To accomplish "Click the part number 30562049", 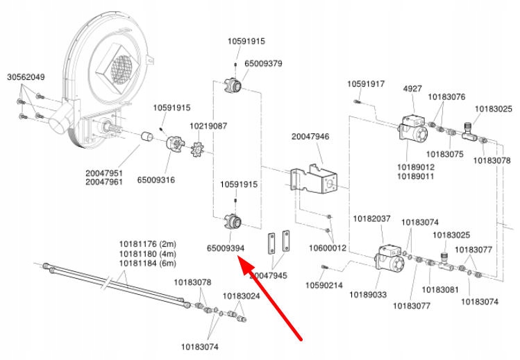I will [26, 77].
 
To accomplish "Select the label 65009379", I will [263, 64].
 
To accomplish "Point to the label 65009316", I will [156, 180].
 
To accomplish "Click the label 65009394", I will [226, 248].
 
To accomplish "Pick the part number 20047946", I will [310, 137].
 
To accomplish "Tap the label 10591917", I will [366, 84].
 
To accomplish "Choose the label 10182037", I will [372, 219].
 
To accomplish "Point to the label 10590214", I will [324, 285].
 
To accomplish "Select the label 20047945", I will [268, 275].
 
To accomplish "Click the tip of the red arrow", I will [238, 257].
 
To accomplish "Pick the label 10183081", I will [439, 289].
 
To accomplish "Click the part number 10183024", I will [241, 295].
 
